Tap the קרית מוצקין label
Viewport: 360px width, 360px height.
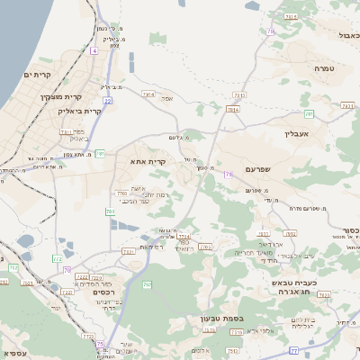(61, 96)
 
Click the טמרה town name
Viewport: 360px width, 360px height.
(325, 67)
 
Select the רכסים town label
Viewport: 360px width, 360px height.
(107, 291)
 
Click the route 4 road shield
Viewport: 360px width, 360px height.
(94, 51)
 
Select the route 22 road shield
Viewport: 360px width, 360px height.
(107, 101)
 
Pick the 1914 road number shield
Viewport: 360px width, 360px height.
(148, 94)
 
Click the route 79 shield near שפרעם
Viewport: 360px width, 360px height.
(229, 174)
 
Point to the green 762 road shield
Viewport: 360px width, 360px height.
(147, 285)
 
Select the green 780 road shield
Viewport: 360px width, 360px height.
(110, 212)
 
